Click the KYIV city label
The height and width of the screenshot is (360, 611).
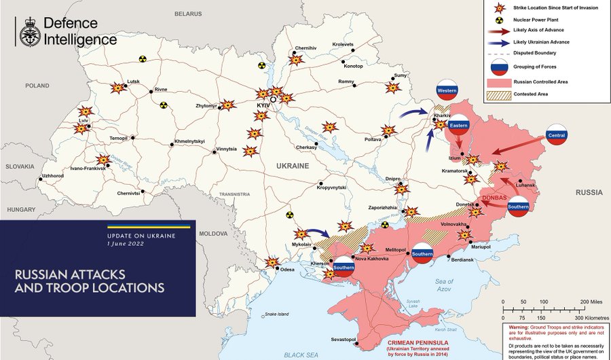tap(263, 107)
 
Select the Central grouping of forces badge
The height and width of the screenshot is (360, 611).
tap(557, 136)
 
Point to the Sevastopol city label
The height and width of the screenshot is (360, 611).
tap(342, 339)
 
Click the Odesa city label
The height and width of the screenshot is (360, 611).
tap(287, 270)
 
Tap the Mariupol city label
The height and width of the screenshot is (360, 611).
tap(481, 247)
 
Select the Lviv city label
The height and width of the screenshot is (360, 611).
tap(84, 120)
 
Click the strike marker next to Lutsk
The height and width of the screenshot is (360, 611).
tap(118, 88)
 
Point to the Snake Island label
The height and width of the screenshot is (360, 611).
tap(277, 314)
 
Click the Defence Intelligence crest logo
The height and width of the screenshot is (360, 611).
tap(28, 31)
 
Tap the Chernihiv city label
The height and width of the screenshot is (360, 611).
tap(306, 48)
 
